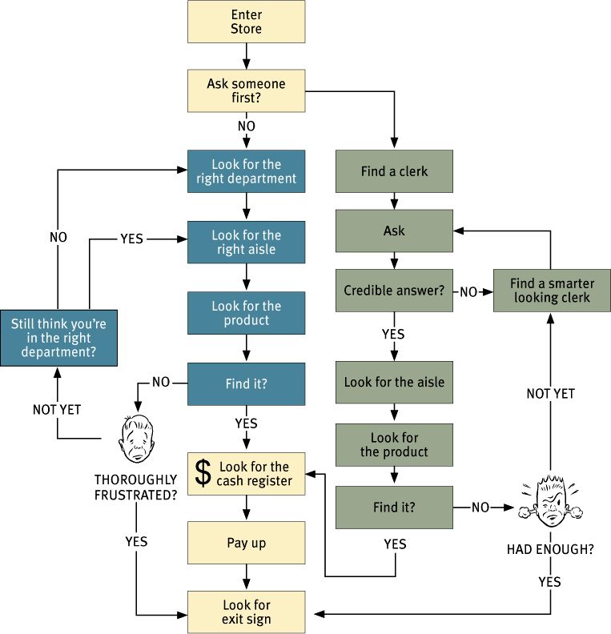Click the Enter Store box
(246, 22)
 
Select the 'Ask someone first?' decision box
(246, 90)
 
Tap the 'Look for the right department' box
(246, 171)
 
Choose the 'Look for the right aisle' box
(246, 242)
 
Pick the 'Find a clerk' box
(394, 171)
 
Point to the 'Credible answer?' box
(394, 291)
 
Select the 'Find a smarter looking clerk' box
(551, 291)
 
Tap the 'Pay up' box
(246, 543)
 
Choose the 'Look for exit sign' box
(246, 612)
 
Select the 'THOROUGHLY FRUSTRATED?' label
(135, 487)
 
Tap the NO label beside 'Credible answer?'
(469, 291)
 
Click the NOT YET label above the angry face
(550, 393)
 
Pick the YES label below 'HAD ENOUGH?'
(549, 581)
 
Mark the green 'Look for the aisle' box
(394, 382)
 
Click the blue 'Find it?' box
(246, 383)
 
